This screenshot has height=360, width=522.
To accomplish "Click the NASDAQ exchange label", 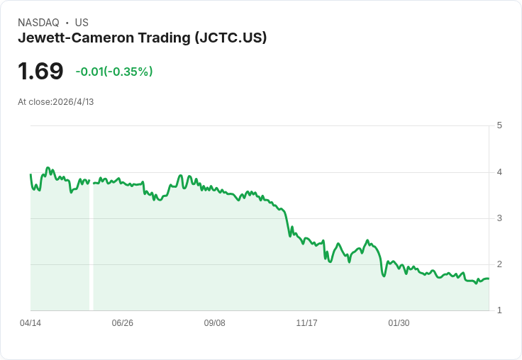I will coord(38,23).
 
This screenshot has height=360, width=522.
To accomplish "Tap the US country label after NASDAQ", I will coord(82,23).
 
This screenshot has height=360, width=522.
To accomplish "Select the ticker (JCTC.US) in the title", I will coord(231,38).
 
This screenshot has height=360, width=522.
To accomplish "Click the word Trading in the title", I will coord(162,38).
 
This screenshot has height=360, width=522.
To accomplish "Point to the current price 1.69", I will coord(40,71).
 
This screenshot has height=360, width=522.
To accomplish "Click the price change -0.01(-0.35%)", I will coord(114,72).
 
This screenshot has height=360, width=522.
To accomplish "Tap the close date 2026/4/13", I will coord(73,102).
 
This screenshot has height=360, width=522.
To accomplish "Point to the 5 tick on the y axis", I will coord(499,125).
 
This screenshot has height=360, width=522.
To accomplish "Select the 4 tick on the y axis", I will coord(499,171).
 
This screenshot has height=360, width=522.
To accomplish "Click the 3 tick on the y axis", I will coord(499,218).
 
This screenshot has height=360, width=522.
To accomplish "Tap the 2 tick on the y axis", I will coord(499,264).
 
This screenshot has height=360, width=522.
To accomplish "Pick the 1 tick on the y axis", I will coord(499,310).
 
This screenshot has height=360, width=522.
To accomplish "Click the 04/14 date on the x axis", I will coord(30,323).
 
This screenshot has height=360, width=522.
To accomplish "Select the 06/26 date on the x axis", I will coord(123,323).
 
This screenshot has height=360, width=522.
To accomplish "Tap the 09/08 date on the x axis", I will coord(214,323).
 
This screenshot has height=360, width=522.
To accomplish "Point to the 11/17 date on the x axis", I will coord(306,323).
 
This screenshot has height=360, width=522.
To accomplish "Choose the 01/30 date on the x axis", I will coord(399,323).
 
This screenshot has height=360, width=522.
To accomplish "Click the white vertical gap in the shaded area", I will coord(91,248).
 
